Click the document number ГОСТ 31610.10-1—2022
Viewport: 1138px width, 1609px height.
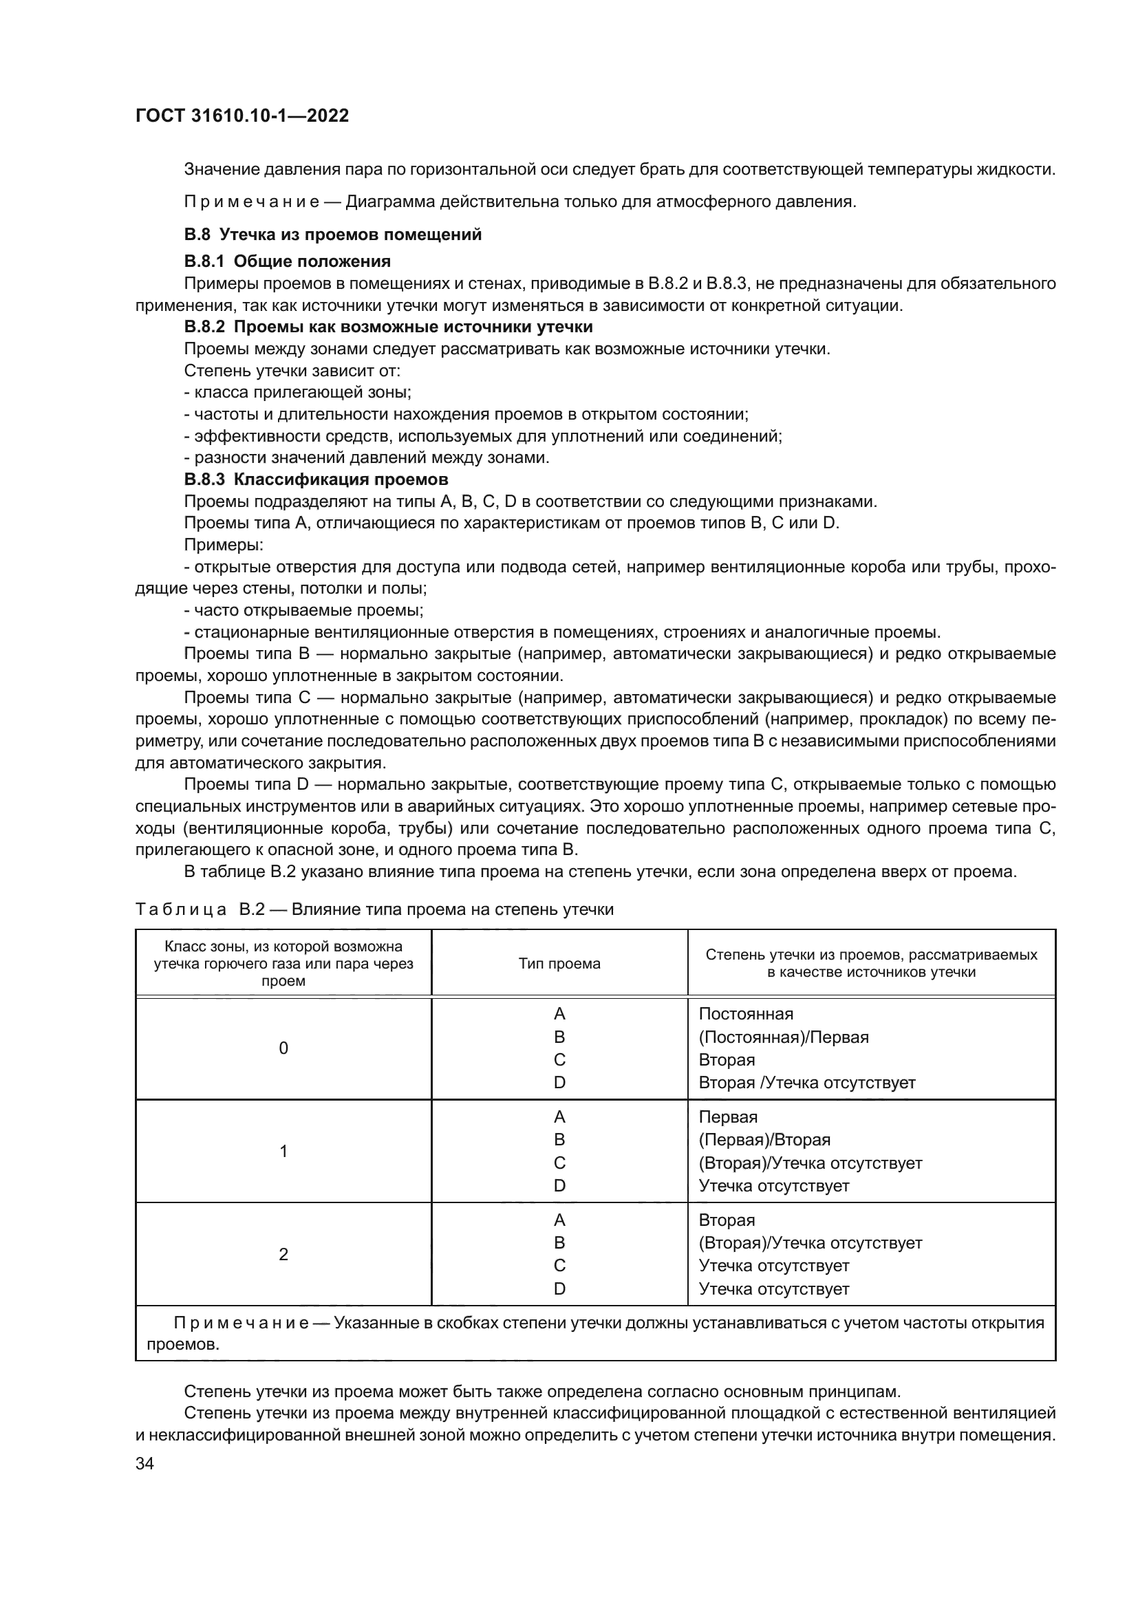(x=241, y=116)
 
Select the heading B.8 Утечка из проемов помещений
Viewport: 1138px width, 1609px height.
(x=333, y=234)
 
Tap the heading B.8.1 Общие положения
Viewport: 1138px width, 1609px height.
(x=288, y=261)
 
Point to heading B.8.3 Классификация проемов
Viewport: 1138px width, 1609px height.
(x=316, y=479)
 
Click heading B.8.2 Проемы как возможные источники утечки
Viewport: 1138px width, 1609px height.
(x=388, y=327)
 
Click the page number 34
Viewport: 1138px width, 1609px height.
(x=144, y=1463)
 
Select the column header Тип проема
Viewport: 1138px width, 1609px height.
(x=559, y=964)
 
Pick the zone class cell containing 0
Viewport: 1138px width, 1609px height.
(x=283, y=1048)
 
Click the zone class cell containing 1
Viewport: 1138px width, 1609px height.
(x=283, y=1152)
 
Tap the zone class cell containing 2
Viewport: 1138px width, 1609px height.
(x=283, y=1255)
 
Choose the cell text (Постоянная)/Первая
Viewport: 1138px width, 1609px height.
(x=784, y=1037)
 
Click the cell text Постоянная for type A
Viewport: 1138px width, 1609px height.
(x=746, y=1014)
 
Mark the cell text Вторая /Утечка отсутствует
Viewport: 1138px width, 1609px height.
(x=806, y=1083)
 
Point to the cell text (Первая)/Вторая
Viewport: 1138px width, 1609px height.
(x=764, y=1140)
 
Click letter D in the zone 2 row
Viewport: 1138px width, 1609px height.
(x=559, y=1288)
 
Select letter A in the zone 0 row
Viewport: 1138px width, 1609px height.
(x=559, y=1014)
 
